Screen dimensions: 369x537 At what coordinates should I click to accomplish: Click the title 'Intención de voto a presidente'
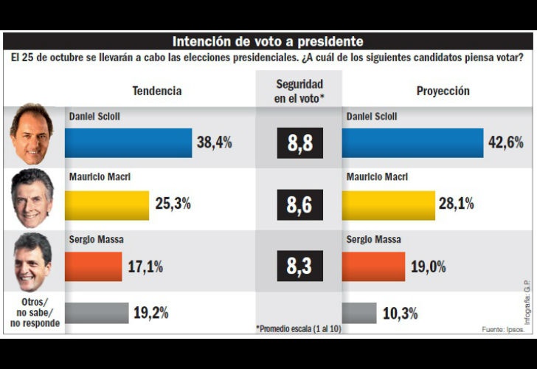coord(268,41)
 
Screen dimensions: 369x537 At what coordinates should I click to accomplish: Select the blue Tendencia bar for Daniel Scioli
coord(128,143)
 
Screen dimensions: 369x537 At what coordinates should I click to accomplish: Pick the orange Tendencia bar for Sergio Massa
coord(94,266)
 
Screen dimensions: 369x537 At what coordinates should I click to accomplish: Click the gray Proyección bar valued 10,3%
coord(359,313)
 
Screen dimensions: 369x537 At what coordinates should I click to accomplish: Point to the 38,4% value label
coord(214,143)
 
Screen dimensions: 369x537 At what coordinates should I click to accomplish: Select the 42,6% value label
coord(505,143)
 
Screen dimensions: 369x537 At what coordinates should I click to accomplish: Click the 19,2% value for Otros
coord(150,313)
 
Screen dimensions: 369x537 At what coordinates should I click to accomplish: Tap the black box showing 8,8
coord(299,143)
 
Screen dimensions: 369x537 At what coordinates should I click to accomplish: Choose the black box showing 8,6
coord(299,204)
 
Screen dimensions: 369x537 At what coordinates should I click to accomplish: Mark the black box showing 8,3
coord(299,266)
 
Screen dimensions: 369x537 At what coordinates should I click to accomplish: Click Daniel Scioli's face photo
coord(32,135)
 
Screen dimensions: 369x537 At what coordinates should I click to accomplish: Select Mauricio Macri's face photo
coord(32,199)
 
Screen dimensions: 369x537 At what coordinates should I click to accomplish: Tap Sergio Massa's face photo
coord(32,261)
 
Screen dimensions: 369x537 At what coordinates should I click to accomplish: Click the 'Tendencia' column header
coord(156,91)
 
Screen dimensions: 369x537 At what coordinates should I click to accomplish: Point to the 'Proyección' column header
coord(443,91)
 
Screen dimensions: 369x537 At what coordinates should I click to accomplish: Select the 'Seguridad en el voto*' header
coord(299,90)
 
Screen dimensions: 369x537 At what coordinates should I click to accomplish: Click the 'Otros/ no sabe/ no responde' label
coord(33,312)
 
